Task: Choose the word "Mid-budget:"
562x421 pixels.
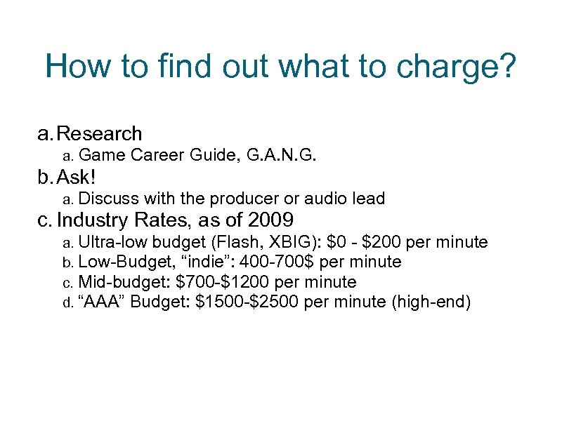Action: [x=124, y=283]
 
